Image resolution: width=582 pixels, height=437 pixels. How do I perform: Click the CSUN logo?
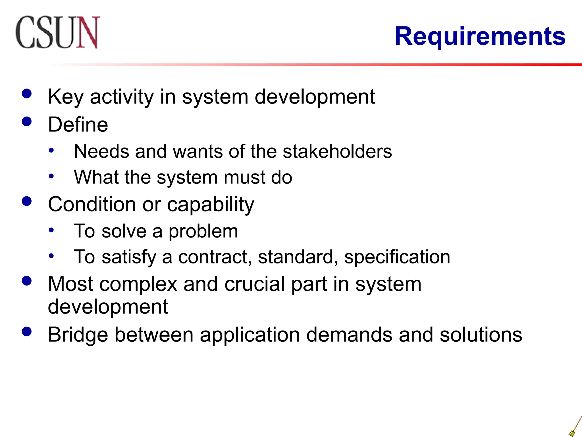[58, 32]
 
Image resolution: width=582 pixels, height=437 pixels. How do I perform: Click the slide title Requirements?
[480, 36]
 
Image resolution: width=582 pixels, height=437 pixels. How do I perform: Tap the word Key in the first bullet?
[65, 97]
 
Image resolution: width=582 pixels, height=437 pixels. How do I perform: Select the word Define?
[78, 125]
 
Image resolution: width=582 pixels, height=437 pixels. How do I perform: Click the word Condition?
[92, 204]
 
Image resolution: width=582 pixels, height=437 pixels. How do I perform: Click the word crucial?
[254, 284]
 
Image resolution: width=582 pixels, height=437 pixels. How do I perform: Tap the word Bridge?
[78, 335]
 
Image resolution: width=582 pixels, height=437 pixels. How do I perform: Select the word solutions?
[481, 335]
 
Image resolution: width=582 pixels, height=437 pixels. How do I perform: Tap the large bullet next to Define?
[27, 122]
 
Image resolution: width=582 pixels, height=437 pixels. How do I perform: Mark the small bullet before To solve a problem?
[51, 230]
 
